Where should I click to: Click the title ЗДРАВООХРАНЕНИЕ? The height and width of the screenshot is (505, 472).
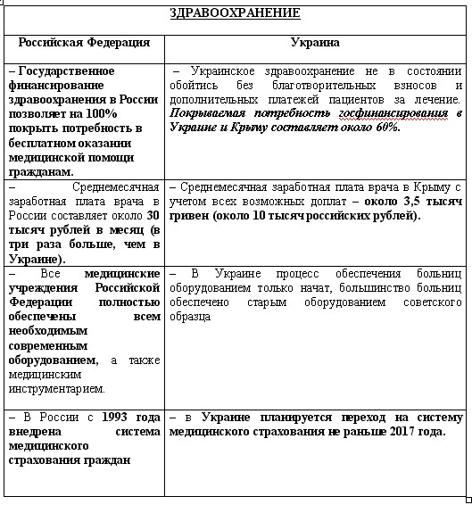tap(235, 13)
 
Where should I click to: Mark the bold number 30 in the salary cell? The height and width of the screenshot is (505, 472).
tap(153, 215)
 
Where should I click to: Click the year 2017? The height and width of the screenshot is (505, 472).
tap(412, 433)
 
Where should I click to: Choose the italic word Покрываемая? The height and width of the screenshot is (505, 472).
tap(210, 114)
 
